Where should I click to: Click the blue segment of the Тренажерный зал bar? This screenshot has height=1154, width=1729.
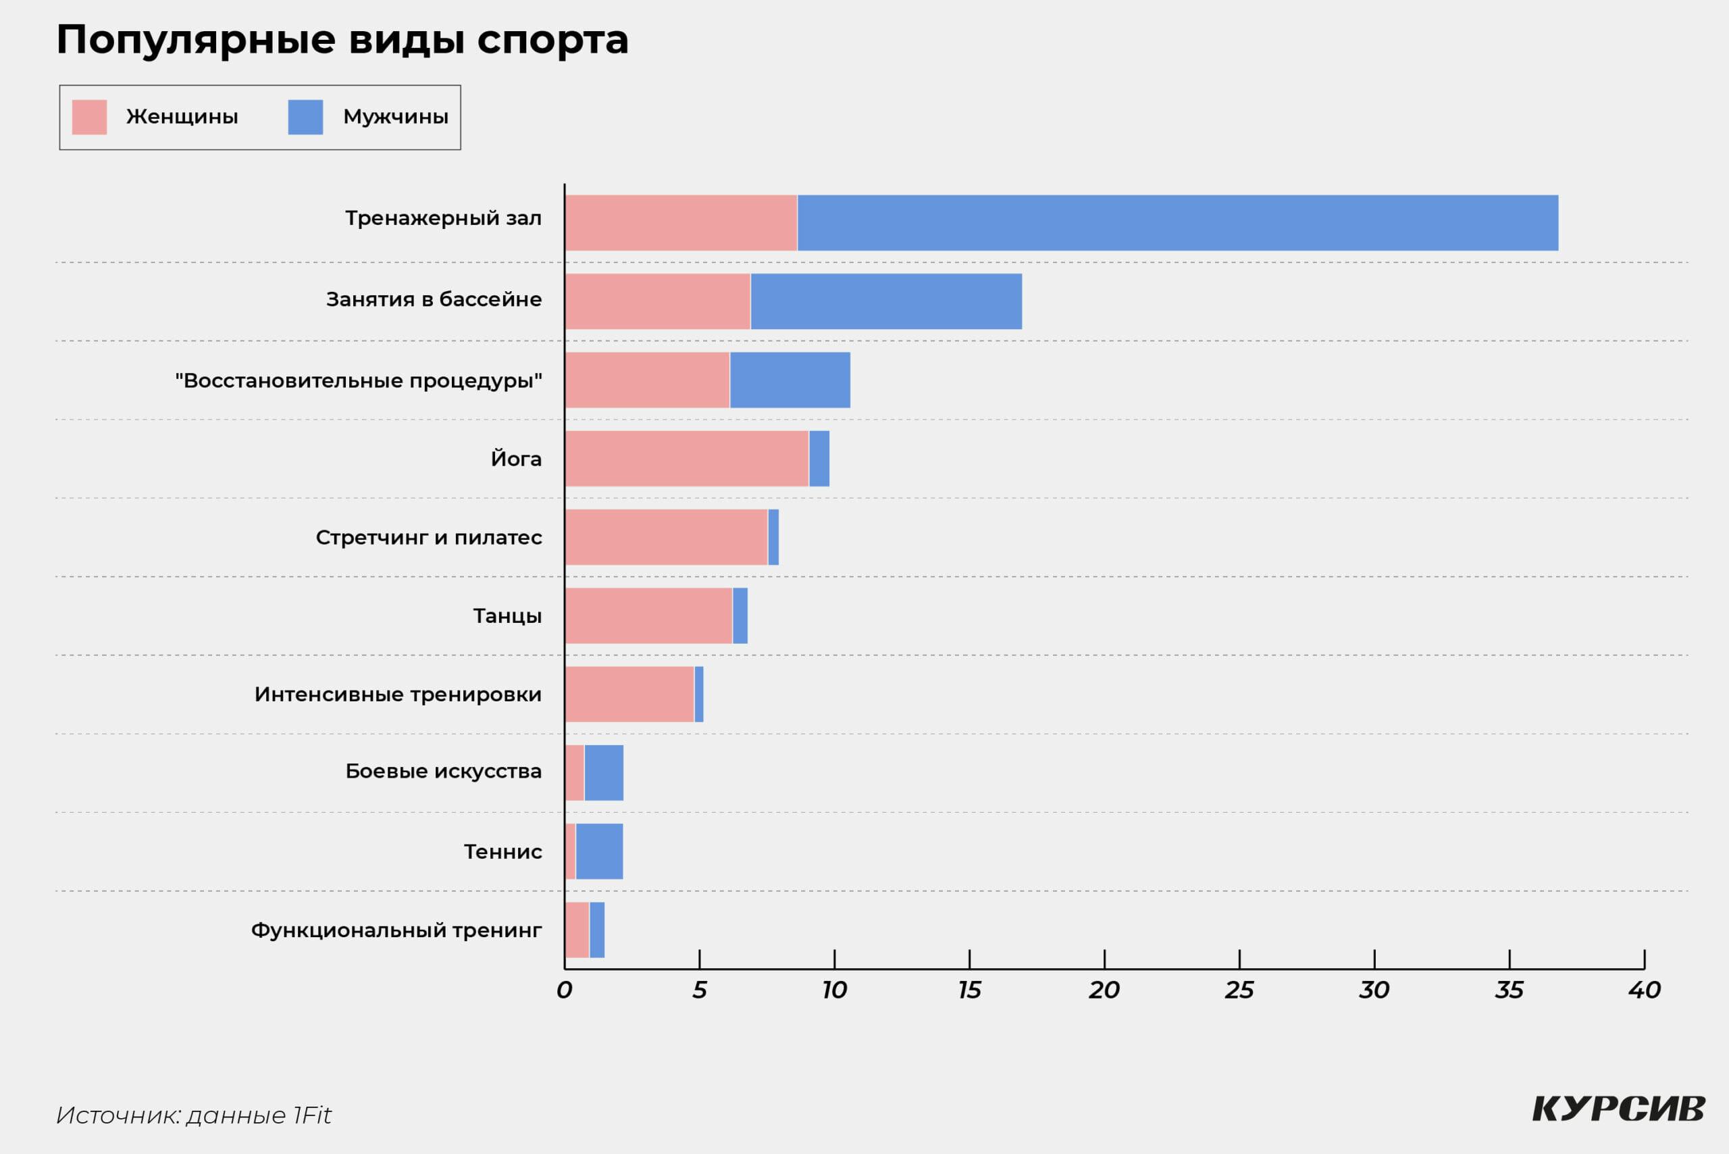pos(1177,223)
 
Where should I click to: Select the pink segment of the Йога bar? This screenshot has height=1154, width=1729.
pos(687,459)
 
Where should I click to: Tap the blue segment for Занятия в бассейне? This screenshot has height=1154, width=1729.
pos(886,302)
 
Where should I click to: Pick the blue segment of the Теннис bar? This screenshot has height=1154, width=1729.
pos(599,851)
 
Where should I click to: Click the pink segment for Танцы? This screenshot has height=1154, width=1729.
pos(649,616)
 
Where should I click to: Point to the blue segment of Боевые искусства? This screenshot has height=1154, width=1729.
pos(603,773)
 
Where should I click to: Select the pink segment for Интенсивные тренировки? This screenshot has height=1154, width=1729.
pos(629,694)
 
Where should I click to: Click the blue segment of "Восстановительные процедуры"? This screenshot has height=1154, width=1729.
pos(790,380)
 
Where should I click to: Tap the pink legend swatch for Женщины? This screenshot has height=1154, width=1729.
pos(89,117)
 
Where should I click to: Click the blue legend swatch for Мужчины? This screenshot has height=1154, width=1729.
pos(305,117)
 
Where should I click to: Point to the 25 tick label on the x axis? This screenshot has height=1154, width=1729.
pos(1239,990)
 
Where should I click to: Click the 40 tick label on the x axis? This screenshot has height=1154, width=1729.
pos(1645,990)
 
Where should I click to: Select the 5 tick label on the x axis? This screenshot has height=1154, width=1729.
pos(699,990)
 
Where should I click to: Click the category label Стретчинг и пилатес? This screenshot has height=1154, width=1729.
pos(429,538)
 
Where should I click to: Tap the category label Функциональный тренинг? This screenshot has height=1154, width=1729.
pos(396,930)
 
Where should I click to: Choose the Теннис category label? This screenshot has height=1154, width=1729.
pos(503,851)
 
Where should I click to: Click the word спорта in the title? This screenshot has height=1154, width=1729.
pos(552,41)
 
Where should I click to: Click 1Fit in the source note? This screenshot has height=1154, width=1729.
pos(312,1115)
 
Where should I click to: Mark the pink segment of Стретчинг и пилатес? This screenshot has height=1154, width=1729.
pos(667,537)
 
